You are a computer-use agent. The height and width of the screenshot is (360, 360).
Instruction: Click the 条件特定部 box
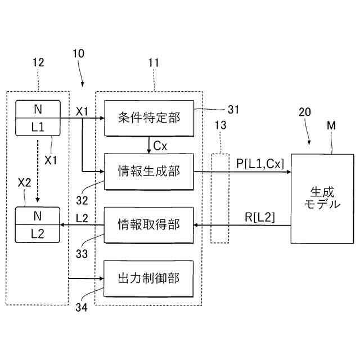click(149, 118)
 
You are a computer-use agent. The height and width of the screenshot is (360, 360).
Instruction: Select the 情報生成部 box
click(149, 172)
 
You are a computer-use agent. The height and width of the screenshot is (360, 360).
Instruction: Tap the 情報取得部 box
click(148, 225)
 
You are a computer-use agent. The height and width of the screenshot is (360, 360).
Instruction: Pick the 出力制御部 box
click(148, 278)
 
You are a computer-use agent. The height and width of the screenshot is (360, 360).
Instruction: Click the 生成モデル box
click(322, 199)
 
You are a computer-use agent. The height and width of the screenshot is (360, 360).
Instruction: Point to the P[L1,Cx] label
click(260, 164)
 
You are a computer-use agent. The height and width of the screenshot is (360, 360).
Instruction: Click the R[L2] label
click(260, 217)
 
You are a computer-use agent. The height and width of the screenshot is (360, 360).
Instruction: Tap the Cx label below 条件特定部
click(160, 146)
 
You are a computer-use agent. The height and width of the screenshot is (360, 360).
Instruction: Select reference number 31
click(233, 110)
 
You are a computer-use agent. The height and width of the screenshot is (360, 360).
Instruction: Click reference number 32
click(82, 200)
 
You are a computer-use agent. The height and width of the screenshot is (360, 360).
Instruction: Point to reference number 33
click(82, 254)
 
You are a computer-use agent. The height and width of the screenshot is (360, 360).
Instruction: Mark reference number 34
click(82, 307)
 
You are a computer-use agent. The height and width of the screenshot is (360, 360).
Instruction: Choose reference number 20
click(305, 112)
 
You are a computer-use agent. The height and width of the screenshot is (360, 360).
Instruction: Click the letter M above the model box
click(331, 125)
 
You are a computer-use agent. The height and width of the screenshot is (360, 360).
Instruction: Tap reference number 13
click(220, 125)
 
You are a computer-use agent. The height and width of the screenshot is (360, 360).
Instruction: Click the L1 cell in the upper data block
click(38, 127)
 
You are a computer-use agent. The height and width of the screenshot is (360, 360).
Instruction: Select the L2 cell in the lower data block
click(38, 234)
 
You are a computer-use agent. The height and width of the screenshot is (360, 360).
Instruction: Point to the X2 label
click(24, 183)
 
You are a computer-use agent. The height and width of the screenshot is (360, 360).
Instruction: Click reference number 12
click(38, 62)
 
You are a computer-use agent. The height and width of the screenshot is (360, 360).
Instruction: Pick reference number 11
click(154, 62)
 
